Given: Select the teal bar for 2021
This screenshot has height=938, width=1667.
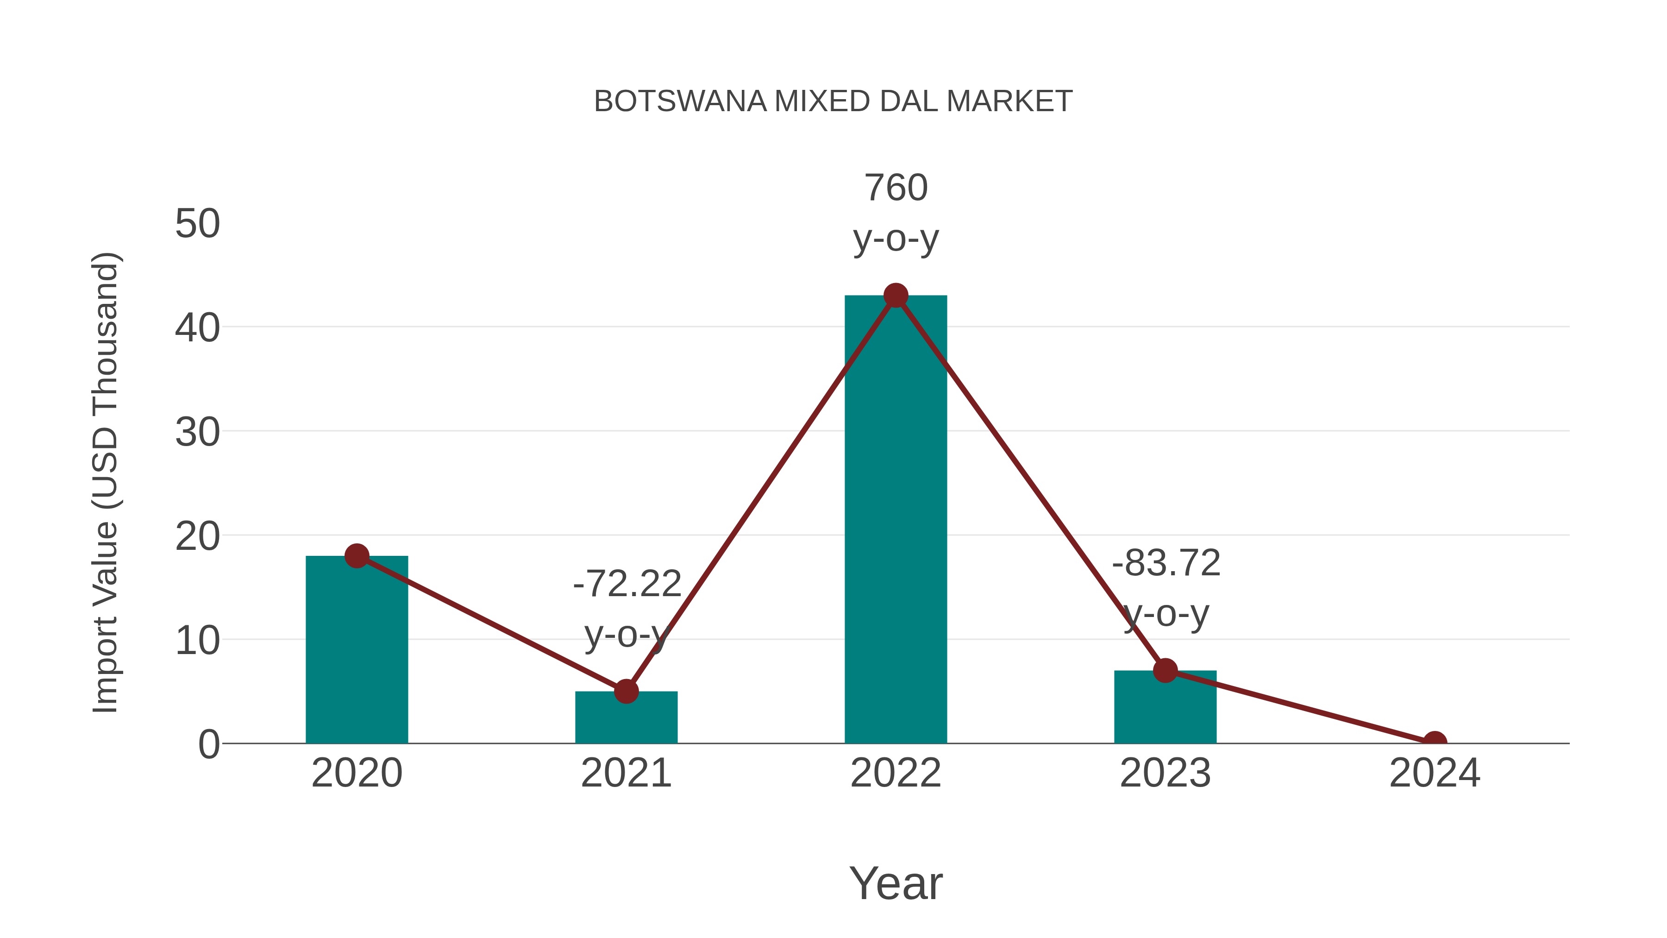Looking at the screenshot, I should click(626, 718).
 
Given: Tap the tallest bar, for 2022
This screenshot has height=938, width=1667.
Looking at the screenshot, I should click(896, 518).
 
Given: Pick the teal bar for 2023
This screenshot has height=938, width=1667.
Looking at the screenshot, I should click(1165, 709).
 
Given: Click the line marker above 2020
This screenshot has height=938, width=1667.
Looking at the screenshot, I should click(357, 555).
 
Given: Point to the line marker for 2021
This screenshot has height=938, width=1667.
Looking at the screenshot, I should click(626, 692).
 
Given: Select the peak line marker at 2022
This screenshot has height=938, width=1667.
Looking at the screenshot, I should click(896, 296).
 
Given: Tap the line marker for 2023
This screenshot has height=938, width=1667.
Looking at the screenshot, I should click(1165, 671).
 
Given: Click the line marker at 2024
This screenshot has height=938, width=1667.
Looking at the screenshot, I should click(1435, 742).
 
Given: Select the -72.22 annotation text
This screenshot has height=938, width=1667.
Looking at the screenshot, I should click(627, 584).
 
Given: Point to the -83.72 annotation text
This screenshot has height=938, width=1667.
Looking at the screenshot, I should click(1166, 563).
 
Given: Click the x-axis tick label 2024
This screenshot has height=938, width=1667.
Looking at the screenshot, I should click(1435, 773).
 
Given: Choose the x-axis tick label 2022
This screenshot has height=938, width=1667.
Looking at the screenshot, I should click(896, 773).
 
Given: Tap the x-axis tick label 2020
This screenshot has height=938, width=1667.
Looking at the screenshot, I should click(357, 773).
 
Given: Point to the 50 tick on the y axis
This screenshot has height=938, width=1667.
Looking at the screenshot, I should click(197, 224).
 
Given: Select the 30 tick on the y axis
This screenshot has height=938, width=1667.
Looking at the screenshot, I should click(197, 433).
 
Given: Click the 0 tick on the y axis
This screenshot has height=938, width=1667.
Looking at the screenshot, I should click(209, 744).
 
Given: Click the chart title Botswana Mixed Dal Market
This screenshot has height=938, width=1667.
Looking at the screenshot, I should click(833, 101).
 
